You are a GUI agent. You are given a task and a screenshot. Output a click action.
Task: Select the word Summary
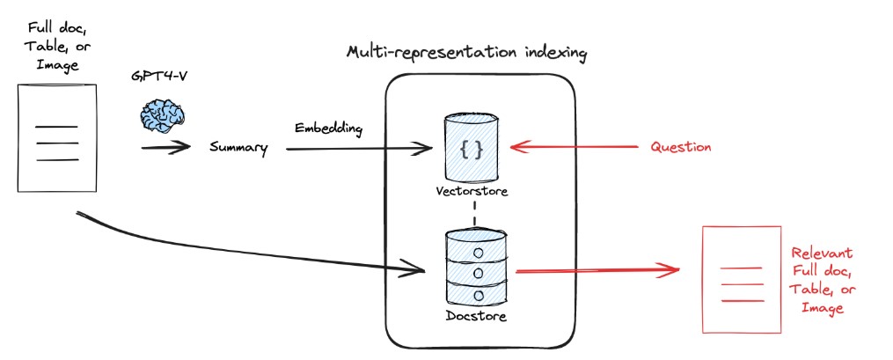tap(238, 148)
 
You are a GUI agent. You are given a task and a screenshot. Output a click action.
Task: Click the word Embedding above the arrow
tap(328, 129)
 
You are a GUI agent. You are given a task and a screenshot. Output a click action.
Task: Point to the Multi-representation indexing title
tap(466, 54)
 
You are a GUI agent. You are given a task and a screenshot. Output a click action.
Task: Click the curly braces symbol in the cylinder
tap(472, 150)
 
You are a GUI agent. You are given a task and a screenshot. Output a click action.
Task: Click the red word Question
tap(680, 148)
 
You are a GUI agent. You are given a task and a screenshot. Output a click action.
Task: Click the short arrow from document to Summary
tap(165, 147)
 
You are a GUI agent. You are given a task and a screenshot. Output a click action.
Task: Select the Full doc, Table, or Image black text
tap(55, 40)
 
